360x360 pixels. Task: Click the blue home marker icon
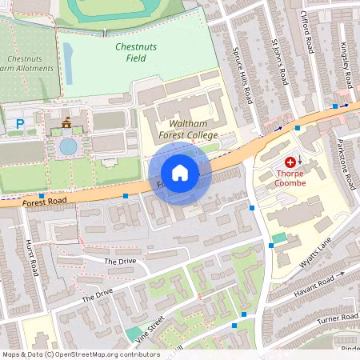coord(180,173)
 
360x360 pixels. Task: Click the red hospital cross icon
coord(289,162)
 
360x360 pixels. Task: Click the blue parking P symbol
coord(20,124)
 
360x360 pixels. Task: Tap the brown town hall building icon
coord(66,122)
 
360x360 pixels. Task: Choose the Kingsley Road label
coord(349,62)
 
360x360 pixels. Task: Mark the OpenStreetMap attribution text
coord(80,354)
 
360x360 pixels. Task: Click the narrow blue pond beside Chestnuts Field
coord(67,63)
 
